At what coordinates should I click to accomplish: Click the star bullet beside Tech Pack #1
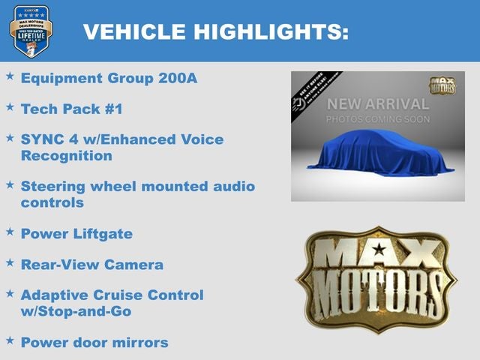[10, 108]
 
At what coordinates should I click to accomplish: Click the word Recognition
[66, 156]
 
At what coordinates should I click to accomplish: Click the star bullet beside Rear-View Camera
[10, 264]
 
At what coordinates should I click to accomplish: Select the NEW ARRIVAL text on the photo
[378, 103]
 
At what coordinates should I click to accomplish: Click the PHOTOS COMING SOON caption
[378, 119]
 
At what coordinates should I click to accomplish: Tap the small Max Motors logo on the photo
[442, 84]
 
